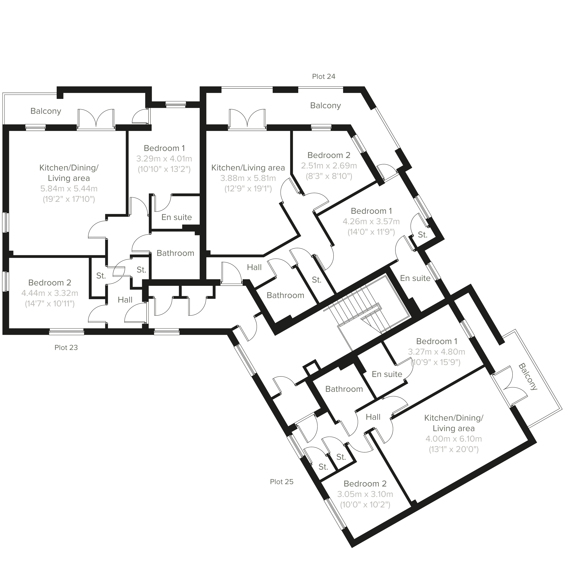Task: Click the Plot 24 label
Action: click(324, 77)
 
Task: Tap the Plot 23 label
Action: click(66, 348)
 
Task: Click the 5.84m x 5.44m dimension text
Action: click(69, 189)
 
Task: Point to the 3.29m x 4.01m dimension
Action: click(164, 159)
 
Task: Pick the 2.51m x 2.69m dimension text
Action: click(329, 166)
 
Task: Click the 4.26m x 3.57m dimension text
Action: click(371, 221)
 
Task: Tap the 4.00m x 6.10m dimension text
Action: click(453, 439)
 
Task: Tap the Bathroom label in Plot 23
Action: click(175, 253)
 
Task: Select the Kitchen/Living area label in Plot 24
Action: click(248, 168)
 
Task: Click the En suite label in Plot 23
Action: click(177, 217)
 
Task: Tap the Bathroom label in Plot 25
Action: click(344, 389)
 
